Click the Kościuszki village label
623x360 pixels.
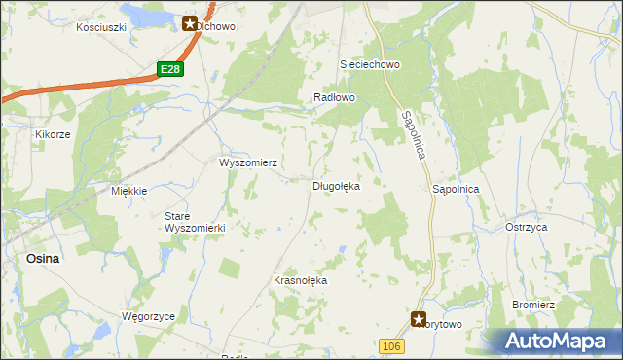coord(102,27)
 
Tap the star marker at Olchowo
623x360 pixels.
coord(189,23)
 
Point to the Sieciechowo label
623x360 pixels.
coord(370,64)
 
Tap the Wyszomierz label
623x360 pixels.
coord(250,162)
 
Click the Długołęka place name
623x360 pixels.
coord(336,185)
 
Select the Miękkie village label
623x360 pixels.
coord(128,191)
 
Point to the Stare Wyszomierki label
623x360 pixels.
coord(195,222)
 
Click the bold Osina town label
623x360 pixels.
coord(43,258)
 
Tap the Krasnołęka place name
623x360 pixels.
coord(301,280)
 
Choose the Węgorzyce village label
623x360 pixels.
coord(147,317)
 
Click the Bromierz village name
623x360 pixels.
coord(533,305)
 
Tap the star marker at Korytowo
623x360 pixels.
coord(419,318)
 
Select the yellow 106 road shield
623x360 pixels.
coord(391,346)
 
